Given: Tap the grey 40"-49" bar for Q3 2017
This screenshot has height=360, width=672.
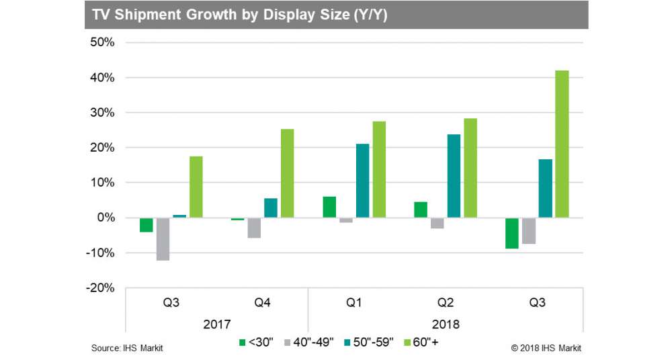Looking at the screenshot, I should coord(163,238).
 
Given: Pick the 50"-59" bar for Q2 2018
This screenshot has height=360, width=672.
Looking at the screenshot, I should coord(454,176).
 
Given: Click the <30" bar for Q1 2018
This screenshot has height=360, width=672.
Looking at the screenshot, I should coord(329,207).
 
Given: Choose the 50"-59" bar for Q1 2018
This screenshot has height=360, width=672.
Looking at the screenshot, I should coord(363,181).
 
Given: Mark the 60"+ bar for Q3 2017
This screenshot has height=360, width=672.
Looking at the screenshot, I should coord(196,187).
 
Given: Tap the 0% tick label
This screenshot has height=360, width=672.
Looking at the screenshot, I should coord(105,218).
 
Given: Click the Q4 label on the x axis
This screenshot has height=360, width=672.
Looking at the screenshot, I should coord(263,303).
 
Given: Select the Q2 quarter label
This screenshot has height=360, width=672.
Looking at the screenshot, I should coord(446,303).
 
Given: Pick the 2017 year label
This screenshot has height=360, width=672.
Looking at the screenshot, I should coord(217,324).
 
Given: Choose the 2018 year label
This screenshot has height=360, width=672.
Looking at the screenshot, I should coord(446,324).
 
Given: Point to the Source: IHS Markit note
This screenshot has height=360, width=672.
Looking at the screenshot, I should coord(127,348).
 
